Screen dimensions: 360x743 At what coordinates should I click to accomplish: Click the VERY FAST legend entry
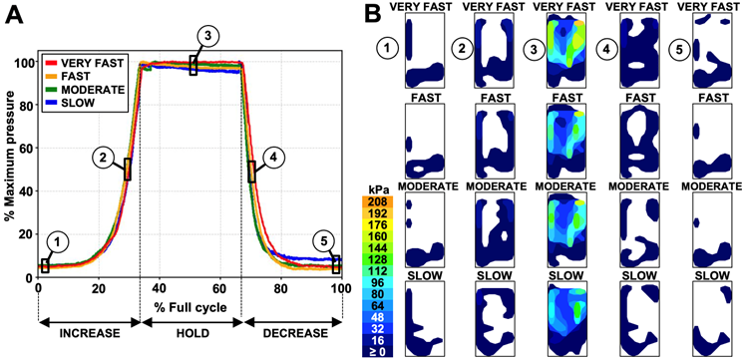click(x=95, y=63)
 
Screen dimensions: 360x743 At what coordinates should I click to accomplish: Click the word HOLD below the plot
click(x=190, y=328)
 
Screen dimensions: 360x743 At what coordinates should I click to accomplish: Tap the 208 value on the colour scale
click(x=377, y=202)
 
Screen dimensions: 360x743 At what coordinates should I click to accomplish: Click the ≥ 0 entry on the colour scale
click(x=377, y=352)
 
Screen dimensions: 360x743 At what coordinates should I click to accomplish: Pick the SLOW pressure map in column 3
click(x=571, y=312)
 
